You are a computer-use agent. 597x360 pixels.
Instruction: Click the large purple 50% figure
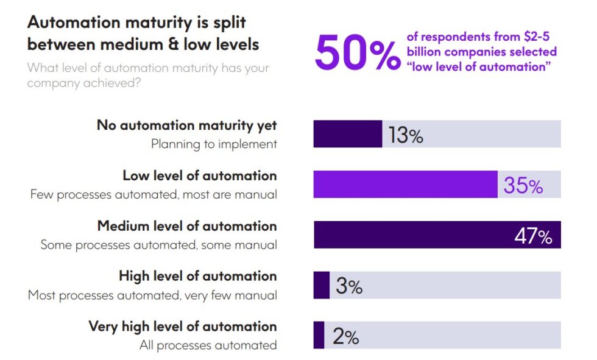pyautogui.click(x=358, y=52)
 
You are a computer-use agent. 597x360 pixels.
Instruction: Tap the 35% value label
pyautogui.click(x=523, y=185)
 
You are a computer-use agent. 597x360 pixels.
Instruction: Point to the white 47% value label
pyautogui.click(x=533, y=236)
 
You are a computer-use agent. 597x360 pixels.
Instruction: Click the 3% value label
pyautogui.click(x=349, y=286)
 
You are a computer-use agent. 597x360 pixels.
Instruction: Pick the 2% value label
pyautogui.click(x=345, y=336)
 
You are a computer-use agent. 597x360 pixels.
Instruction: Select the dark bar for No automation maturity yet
pyautogui.click(x=347, y=134)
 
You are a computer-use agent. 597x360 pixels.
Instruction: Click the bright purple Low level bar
pyautogui.click(x=405, y=185)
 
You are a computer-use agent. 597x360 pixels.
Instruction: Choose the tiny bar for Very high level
pyautogui.click(x=319, y=336)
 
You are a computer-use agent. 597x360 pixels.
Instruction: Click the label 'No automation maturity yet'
pyautogui.click(x=186, y=125)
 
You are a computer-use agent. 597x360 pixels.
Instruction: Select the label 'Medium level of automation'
pyautogui.click(x=187, y=226)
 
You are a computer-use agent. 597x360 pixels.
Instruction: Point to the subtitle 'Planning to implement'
pyautogui.click(x=214, y=144)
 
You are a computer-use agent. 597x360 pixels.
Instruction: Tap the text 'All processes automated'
pyautogui.click(x=208, y=345)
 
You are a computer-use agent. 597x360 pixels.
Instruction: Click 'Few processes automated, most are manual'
pyautogui.click(x=154, y=195)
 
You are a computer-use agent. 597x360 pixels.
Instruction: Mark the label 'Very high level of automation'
pyautogui.click(x=183, y=326)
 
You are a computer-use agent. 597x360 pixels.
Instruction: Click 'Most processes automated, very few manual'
pyautogui.click(x=152, y=295)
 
